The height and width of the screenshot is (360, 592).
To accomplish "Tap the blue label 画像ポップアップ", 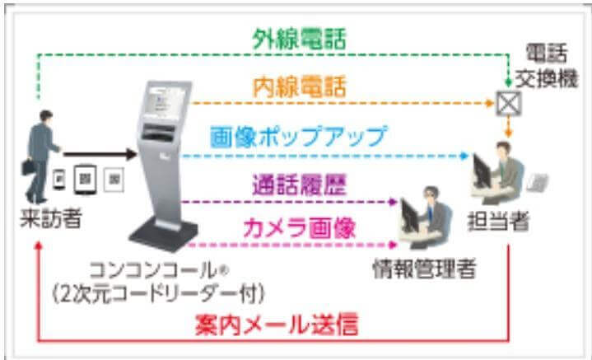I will pos(299,135).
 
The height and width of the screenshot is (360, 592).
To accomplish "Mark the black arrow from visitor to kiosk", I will pos(99,154).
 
